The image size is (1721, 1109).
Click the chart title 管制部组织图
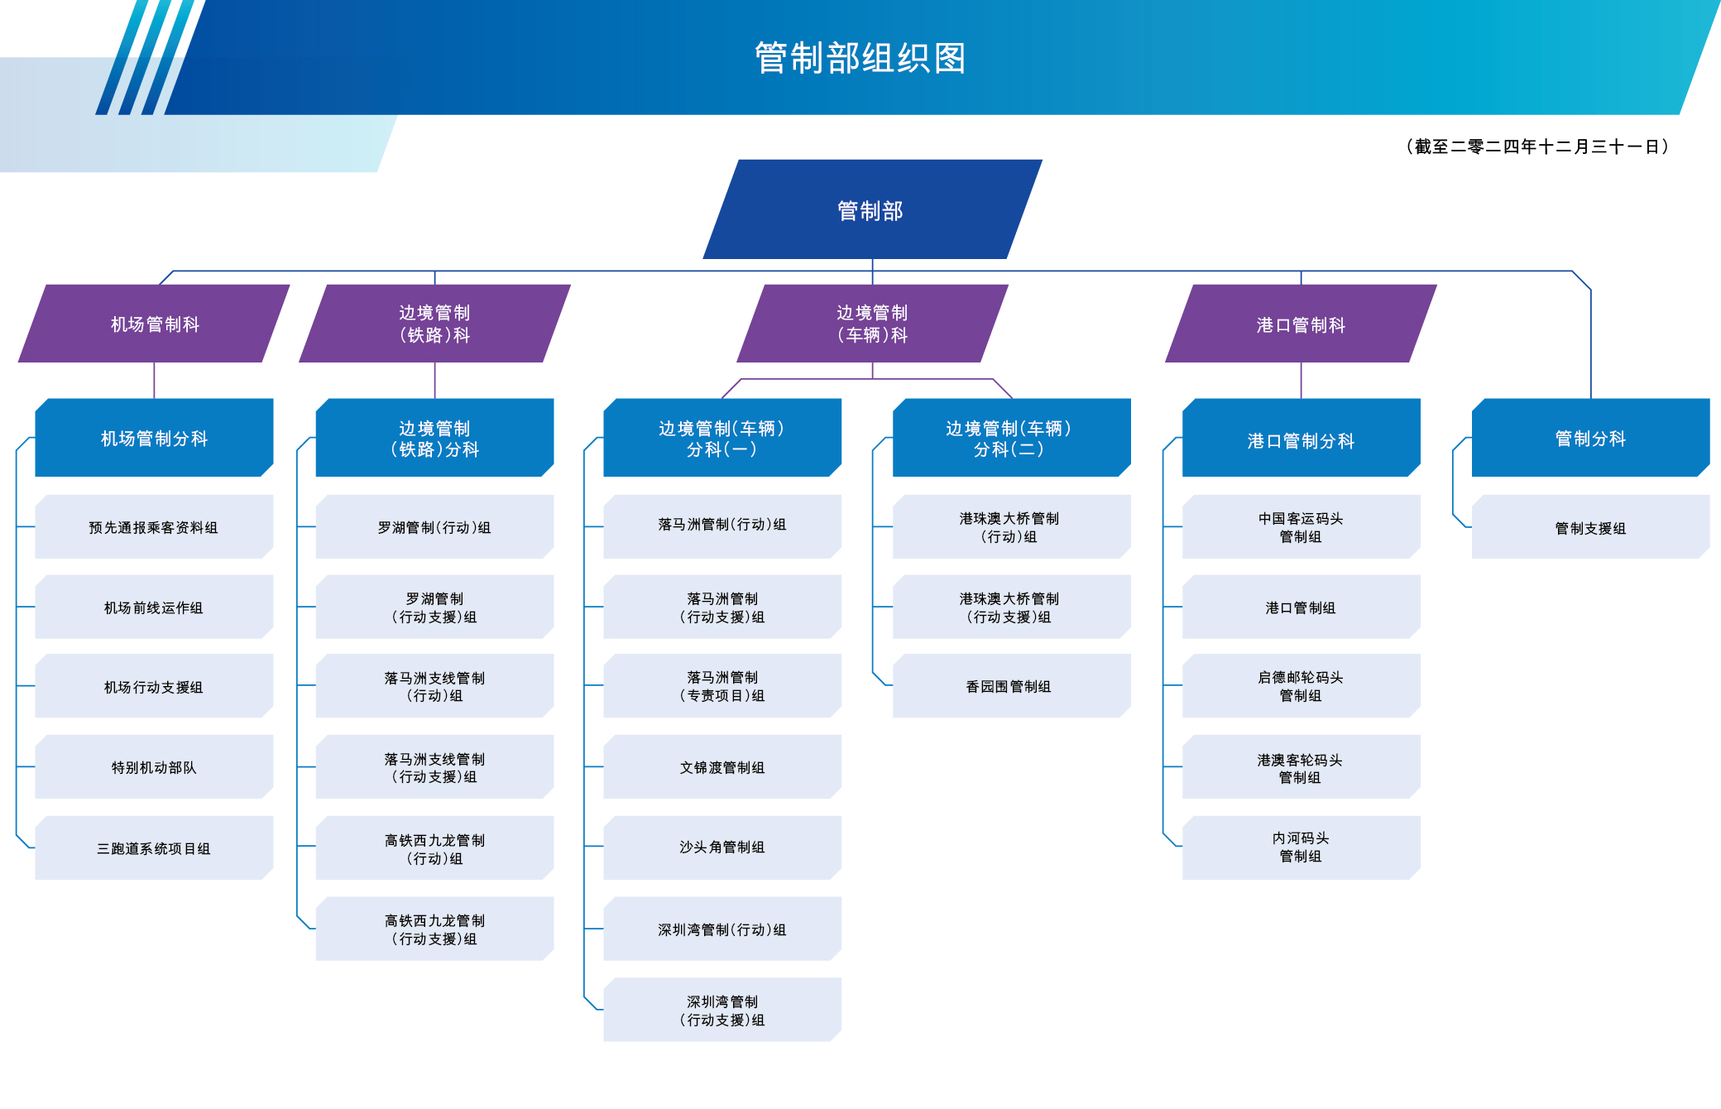point(860,58)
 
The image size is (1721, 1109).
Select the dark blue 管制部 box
point(870,210)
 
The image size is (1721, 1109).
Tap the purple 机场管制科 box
point(155,324)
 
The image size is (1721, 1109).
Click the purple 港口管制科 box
point(1301,324)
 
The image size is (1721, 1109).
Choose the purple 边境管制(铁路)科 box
point(434,324)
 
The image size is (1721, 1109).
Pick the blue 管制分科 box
point(1590,438)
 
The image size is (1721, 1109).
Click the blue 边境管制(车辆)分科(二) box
point(1009,438)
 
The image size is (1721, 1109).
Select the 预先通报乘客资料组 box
point(154,527)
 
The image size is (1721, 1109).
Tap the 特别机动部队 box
point(154,767)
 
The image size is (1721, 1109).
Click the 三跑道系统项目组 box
point(154,848)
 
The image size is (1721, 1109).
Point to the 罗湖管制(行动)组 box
point(434,527)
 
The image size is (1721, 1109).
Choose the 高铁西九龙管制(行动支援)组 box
point(434,929)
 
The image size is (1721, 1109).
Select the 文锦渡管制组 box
point(722,767)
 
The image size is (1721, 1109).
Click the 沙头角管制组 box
point(722,847)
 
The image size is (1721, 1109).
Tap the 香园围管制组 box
point(1009,686)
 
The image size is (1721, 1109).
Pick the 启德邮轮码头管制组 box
point(1301,686)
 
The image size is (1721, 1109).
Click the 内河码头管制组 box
point(1301,847)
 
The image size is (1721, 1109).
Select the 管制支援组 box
point(1590,528)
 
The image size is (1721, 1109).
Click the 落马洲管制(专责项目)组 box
point(722,686)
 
